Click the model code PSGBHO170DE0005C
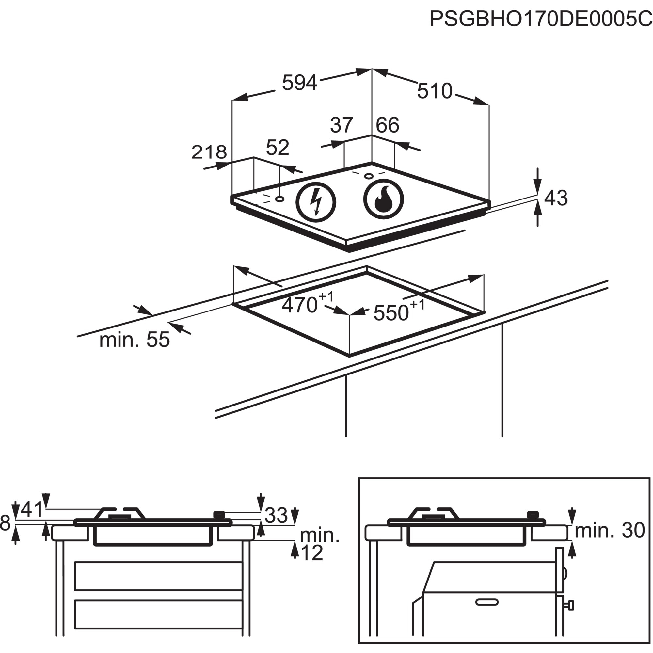tap(541, 19)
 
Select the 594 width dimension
tap(299, 83)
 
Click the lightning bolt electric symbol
tap(316, 202)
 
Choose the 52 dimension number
tap(278, 147)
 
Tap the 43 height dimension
tap(556, 198)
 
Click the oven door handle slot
tap(487, 602)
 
